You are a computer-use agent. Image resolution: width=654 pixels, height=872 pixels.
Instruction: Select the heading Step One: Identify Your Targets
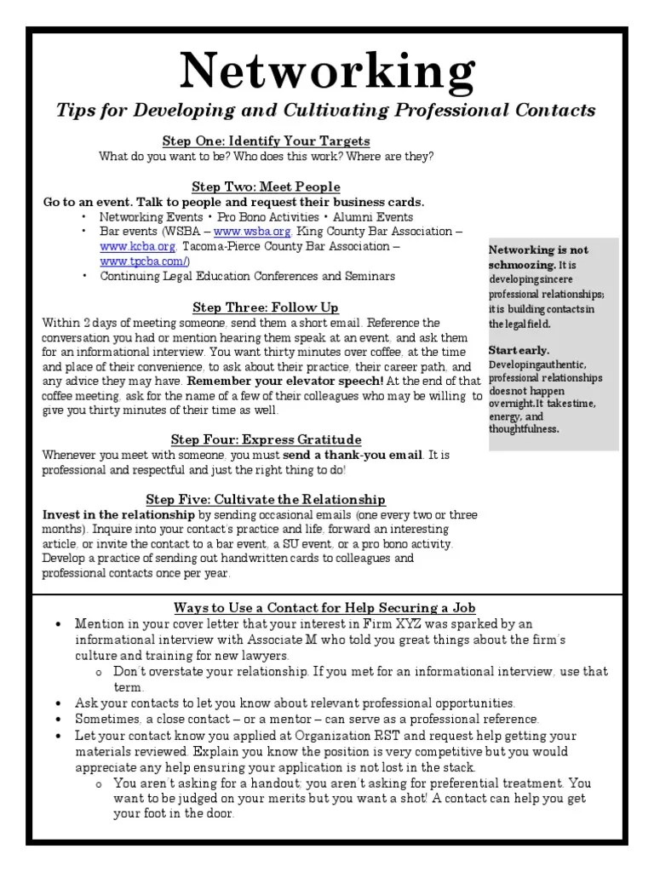point(266,141)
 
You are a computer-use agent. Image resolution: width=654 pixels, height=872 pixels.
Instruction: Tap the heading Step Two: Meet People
point(266,186)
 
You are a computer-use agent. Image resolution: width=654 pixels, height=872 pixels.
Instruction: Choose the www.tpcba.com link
point(144,261)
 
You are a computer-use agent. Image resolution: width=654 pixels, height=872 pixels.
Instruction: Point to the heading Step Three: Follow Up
point(266,307)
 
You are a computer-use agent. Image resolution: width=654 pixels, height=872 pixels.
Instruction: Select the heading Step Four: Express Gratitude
point(266,439)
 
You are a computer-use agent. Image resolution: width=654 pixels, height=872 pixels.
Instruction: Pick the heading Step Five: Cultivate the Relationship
point(266,500)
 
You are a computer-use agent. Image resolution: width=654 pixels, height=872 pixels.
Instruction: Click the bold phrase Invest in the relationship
point(119,515)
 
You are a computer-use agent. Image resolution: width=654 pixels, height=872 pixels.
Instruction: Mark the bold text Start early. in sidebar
point(519,350)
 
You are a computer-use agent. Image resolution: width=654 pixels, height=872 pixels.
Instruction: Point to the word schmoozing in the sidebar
point(521,265)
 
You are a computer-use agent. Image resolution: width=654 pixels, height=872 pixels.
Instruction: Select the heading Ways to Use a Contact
point(313,607)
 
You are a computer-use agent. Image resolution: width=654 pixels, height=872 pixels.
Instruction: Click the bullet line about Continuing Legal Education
point(247,276)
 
